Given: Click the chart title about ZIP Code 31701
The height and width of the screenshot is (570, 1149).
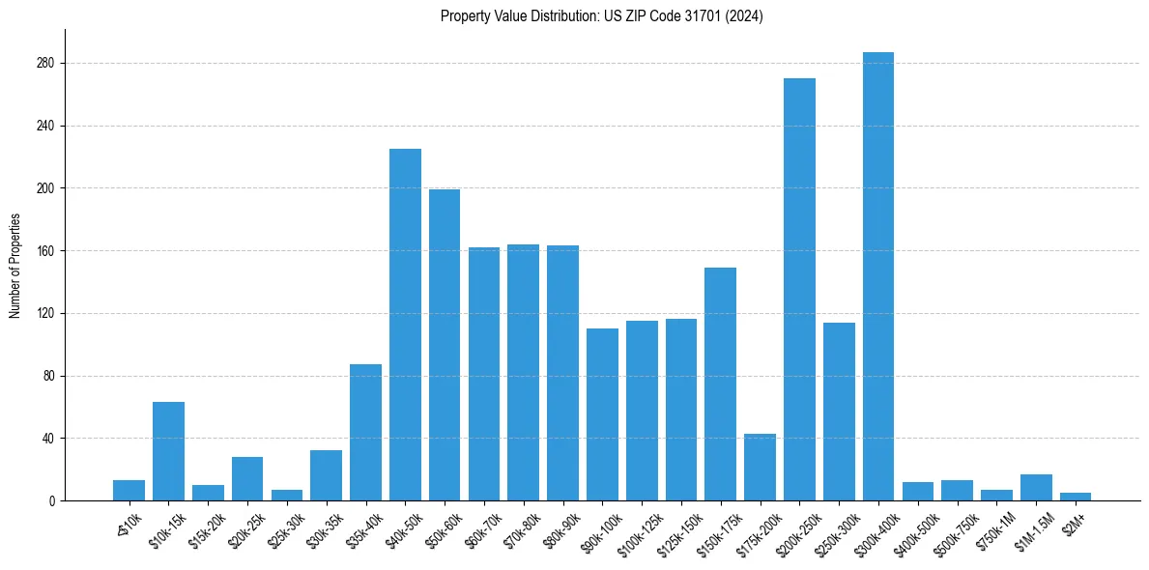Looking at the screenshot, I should pos(601,16).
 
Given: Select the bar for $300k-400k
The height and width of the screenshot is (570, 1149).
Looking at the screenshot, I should pos(878,276).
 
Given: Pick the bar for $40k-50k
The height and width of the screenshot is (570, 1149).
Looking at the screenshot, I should pos(405,325).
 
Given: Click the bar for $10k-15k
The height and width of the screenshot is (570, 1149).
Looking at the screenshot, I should pos(168,451).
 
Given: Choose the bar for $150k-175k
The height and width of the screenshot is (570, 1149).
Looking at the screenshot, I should pos(720,384).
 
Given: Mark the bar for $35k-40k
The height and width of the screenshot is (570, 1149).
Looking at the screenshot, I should pos(365,432).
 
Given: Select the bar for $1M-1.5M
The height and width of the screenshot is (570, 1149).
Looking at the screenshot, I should pos(1036,487).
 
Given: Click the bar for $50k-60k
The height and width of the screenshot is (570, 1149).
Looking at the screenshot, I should pos(445,345).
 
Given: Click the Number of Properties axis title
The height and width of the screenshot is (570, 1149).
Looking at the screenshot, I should pos(14,266).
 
